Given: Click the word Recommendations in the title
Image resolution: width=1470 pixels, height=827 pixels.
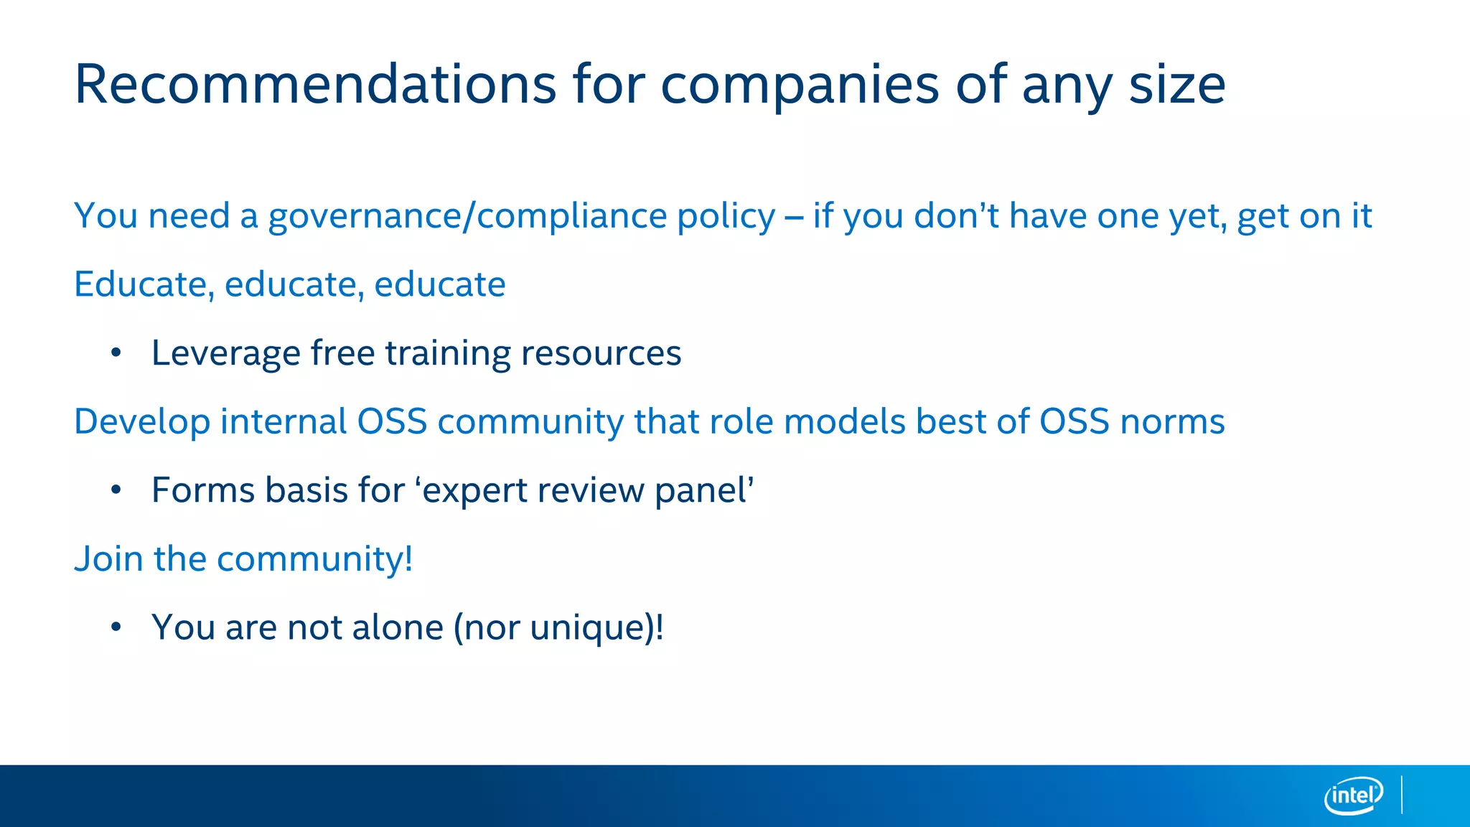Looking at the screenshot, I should (x=315, y=85).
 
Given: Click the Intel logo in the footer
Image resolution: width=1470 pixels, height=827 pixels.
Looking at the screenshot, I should (x=1353, y=795).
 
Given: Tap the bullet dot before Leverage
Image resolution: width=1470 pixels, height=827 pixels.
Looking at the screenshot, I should (x=116, y=352).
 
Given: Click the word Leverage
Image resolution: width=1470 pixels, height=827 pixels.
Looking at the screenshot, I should (x=225, y=353).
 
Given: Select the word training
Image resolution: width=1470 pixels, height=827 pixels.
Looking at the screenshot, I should (x=447, y=353).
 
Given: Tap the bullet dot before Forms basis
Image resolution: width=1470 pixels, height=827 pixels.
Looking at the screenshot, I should (x=116, y=490).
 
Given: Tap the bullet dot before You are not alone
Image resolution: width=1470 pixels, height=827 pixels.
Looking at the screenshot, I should (x=116, y=627).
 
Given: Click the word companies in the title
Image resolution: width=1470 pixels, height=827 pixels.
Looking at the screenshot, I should (x=800, y=85).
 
